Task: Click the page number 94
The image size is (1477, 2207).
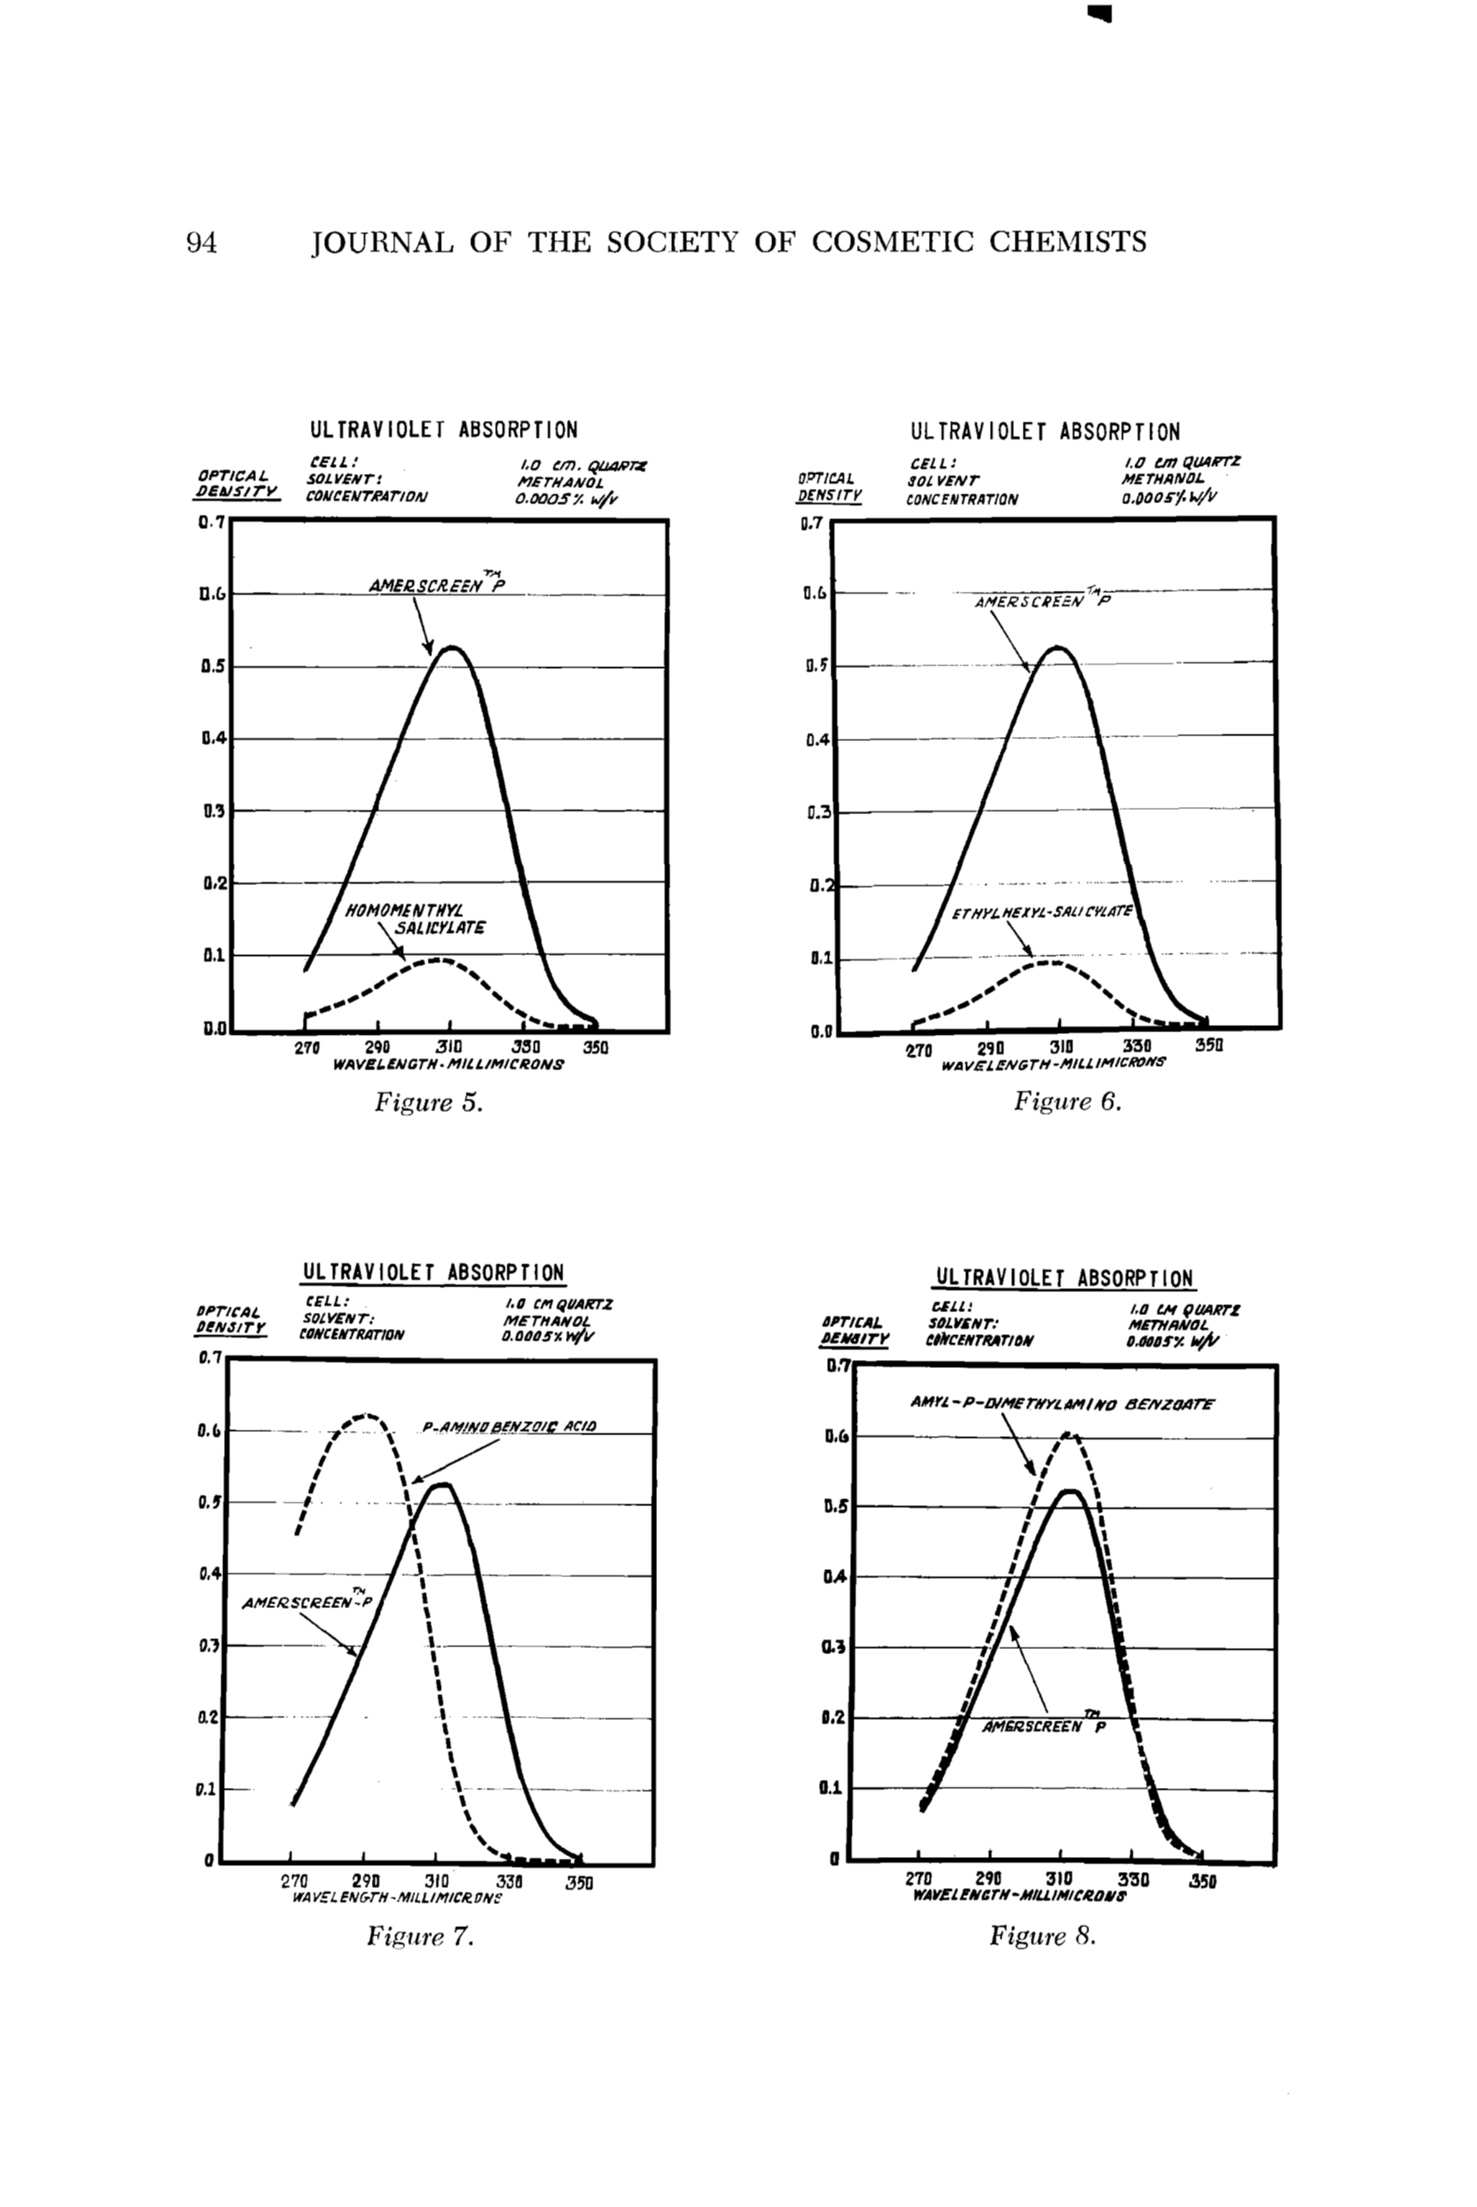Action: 202,243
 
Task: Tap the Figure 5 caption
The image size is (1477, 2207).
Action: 429,1101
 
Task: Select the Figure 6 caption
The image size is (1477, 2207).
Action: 1067,1100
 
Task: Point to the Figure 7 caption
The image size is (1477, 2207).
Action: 419,1937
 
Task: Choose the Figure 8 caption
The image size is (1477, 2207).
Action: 1043,1936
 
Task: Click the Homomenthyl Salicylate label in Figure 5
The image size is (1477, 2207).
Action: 415,919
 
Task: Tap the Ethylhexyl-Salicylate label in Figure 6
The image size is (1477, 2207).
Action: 1040,913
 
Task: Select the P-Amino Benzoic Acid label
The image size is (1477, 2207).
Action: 508,1426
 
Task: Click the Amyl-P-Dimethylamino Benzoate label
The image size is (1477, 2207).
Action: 1062,1403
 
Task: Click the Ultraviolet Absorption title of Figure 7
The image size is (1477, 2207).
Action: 433,1272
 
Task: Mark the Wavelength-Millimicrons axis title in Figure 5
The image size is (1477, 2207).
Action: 447,1064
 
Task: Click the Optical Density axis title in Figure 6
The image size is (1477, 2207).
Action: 827,486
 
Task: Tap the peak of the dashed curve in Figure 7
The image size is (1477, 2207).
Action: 368,1416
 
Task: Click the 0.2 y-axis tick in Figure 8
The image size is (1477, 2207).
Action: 833,1717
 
